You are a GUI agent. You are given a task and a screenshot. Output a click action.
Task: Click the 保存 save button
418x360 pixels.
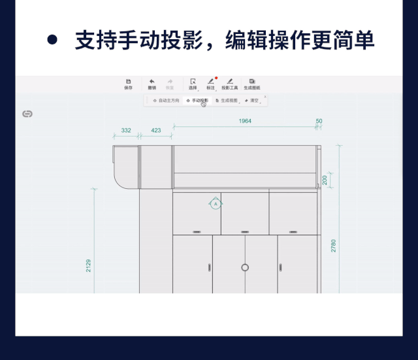coord(128,84)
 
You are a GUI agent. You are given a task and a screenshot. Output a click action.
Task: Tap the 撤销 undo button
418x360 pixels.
coord(152,84)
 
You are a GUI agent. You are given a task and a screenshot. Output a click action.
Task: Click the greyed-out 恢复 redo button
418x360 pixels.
coord(170,84)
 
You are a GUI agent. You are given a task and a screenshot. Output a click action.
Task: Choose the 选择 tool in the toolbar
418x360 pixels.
coord(193,84)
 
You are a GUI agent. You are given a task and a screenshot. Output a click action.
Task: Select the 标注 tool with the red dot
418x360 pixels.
coord(210,84)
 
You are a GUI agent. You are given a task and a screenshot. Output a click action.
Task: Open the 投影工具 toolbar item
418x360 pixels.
coord(229,84)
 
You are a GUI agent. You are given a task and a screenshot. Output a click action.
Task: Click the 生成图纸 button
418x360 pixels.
coord(252,84)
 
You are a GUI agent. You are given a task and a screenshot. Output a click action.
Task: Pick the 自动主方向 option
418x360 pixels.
coord(166,101)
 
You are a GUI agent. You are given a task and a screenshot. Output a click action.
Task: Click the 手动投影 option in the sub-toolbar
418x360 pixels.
coord(197,101)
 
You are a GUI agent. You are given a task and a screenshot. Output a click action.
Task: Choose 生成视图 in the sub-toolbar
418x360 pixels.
coord(227,101)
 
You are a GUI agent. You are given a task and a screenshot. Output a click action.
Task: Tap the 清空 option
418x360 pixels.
coord(251,101)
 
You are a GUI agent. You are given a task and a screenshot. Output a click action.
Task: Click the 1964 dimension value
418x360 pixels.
coord(245,121)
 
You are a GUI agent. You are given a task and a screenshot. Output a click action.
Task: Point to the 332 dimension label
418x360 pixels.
coord(126,130)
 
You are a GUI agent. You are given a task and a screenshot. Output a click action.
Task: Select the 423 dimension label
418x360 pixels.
coord(156,130)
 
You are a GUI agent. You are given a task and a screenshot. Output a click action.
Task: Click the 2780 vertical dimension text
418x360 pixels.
coord(333,246)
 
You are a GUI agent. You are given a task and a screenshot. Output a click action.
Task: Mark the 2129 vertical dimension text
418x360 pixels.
coord(89,265)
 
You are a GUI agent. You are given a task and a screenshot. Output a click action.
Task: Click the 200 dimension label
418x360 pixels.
coord(325,180)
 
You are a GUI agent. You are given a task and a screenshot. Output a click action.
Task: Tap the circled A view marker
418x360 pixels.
coord(216,204)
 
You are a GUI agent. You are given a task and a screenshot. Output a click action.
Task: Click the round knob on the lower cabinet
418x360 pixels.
coord(245,267)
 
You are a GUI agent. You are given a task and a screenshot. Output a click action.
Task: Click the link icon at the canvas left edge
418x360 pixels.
coord(27,114)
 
